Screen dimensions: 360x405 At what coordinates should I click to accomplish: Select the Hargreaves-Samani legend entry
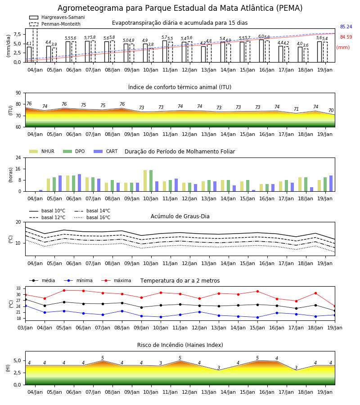tap(57, 17)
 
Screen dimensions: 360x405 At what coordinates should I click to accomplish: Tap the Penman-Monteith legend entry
tap(55, 24)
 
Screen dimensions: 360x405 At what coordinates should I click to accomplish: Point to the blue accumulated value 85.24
tap(346, 27)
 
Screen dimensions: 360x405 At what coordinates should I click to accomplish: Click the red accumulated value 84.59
tap(346, 37)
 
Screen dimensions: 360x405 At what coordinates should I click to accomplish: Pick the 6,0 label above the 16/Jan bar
tap(261, 36)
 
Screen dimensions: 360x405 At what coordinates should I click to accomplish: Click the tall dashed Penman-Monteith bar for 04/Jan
tap(35, 45)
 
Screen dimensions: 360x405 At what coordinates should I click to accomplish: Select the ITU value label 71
tap(296, 109)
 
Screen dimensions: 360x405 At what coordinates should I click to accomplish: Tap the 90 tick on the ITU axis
tap(18, 93)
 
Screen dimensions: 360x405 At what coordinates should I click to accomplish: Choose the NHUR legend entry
tap(42, 151)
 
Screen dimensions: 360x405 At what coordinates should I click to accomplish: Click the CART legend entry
tap(106, 151)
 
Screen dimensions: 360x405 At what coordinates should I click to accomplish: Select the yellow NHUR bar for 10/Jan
tap(145, 181)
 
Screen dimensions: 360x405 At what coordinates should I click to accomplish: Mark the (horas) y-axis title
tap(11, 175)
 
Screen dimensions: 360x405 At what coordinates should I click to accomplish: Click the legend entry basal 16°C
tap(92, 217)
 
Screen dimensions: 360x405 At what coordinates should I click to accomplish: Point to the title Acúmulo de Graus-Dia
tap(180, 216)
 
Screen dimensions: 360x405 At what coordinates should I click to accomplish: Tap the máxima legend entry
tap(116, 280)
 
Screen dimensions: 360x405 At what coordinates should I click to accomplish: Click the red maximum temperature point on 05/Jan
tap(64, 291)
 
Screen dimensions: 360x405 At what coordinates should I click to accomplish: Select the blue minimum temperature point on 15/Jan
tap(257, 317)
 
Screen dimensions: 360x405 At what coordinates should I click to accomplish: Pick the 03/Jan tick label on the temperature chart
tap(25, 328)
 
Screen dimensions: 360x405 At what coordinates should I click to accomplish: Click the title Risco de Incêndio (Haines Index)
tap(180, 345)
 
